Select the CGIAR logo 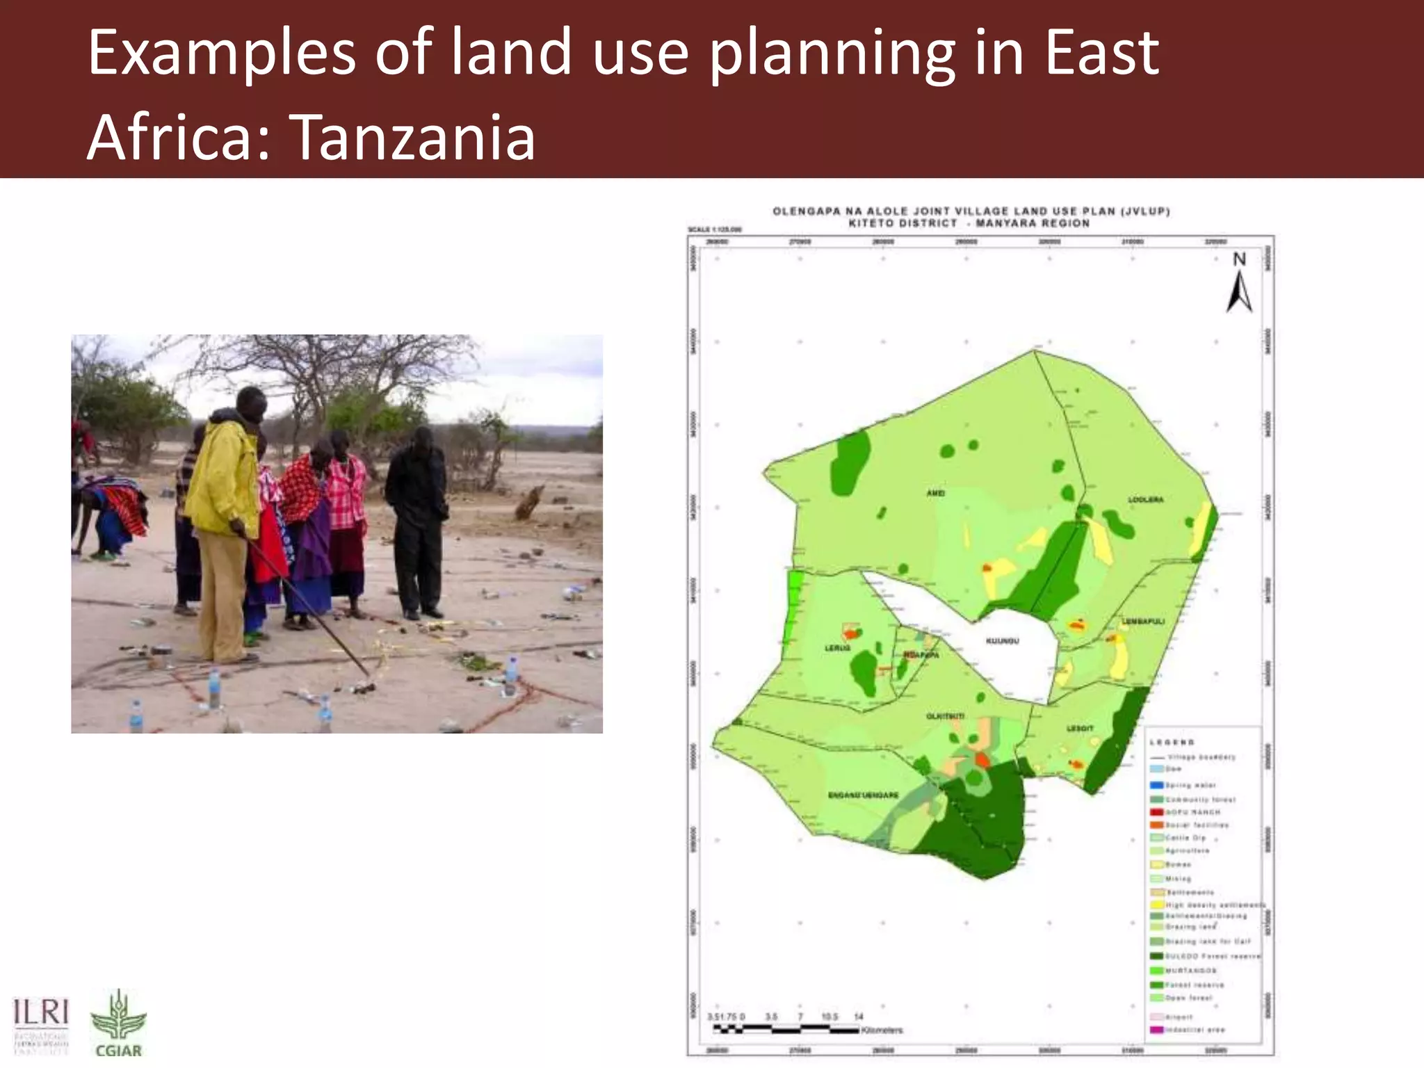point(118,1025)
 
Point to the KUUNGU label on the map point(1002,640)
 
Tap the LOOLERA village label point(1145,500)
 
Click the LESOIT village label point(1080,728)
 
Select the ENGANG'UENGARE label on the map point(863,795)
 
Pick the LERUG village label point(837,648)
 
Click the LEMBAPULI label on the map point(1144,621)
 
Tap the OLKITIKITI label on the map point(945,716)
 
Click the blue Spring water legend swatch point(1157,785)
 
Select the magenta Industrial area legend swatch point(1157,1029)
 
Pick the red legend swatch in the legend point(1157,811)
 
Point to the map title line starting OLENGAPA point(971,211)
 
